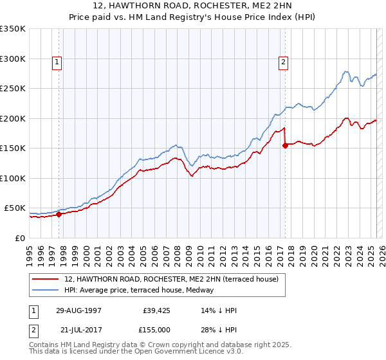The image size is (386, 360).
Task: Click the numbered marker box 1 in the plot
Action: tap(57, 62)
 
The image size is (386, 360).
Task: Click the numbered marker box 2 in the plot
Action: tap(283, 62)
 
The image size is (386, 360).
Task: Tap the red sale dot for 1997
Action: tap(59, 215)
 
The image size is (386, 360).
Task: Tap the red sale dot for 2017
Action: tap(285, 145)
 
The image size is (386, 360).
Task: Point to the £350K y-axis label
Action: tap(13, 29)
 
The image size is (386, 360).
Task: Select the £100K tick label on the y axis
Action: tap(13, 178)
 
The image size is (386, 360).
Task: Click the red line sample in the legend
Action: tap(46, 279)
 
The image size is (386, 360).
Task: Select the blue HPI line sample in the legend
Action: tap(46, 290)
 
